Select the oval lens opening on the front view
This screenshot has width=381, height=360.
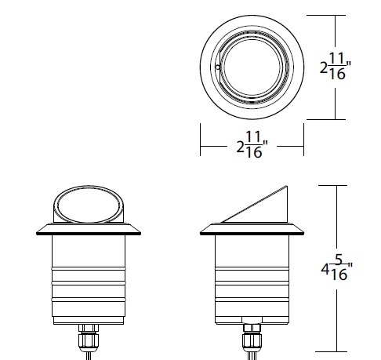87,206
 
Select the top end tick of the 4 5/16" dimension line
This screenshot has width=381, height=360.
337,185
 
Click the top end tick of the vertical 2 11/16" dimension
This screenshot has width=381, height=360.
337,14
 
